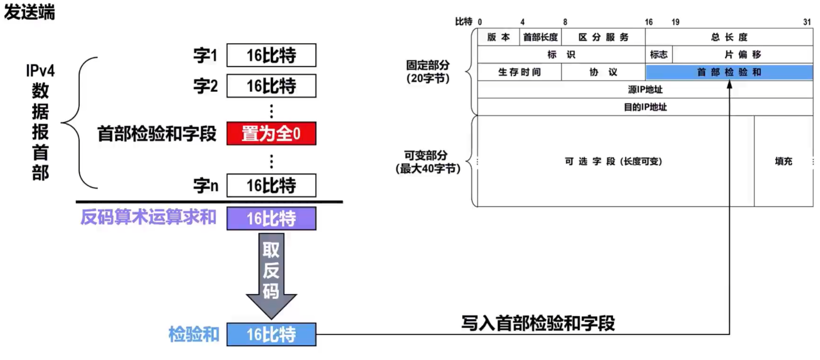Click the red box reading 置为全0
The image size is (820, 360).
[x=271, y=134]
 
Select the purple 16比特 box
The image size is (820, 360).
[x=271, y=218]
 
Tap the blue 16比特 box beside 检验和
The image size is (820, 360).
[x=271, y=334]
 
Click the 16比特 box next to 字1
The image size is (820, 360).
[x=271, y=55]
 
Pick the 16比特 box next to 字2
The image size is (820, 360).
[x=271, y=86]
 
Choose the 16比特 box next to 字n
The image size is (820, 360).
[x=271, y=185]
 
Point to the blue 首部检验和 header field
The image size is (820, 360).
[x=729, y=72]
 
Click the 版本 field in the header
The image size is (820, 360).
[x=498, y=37]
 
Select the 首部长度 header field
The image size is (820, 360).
[x=540, y=37]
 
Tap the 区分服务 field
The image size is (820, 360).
[x=603, y=37]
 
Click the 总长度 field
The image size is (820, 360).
[x=729, y=37]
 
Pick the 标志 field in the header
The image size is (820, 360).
[x=658, y=54]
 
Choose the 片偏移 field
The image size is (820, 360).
[x=742, y=54]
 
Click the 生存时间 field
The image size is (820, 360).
[x=519, y=72]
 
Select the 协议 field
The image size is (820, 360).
[x=603, y=72]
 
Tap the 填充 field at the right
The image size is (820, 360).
[x=783, y=161]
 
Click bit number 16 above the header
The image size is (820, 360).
[x=649, y=22]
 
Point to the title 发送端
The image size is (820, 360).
[x=30, y=12]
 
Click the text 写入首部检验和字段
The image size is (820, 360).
[x=538, y=323]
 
